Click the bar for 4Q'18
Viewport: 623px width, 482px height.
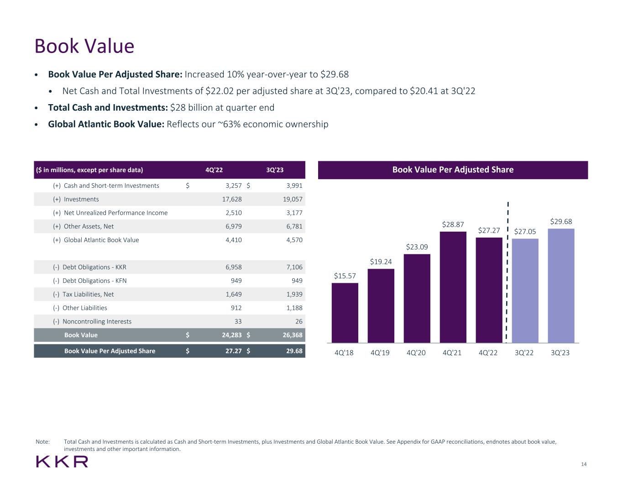click(345, 313)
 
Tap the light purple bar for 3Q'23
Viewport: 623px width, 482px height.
click(560, 286)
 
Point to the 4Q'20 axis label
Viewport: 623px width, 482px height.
click(416, 353)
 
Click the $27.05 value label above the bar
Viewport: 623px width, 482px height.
click(525, 232)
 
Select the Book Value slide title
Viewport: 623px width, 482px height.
click(84, 46)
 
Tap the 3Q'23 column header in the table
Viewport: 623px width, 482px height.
click(275, 170)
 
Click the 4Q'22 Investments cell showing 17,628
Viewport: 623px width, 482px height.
click(232, 199)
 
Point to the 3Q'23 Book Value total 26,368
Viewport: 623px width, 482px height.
click(293, 335)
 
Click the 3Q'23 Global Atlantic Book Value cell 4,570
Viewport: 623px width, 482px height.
click(294, 240)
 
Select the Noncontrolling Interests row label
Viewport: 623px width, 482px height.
click(97, 322)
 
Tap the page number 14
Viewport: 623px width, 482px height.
click(584, 465)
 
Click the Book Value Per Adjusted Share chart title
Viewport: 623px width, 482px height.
click(453, 170)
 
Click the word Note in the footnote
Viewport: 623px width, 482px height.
click(42, 442)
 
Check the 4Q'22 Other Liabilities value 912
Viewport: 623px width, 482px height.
click(236, 308)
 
